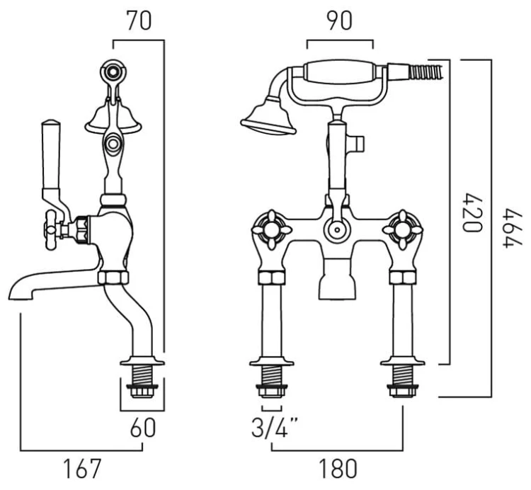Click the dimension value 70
coord(139,21)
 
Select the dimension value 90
coord(339,21)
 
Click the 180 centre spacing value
coord(333,469)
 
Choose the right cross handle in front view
coord(398,228)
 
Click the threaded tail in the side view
coord(143,377)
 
